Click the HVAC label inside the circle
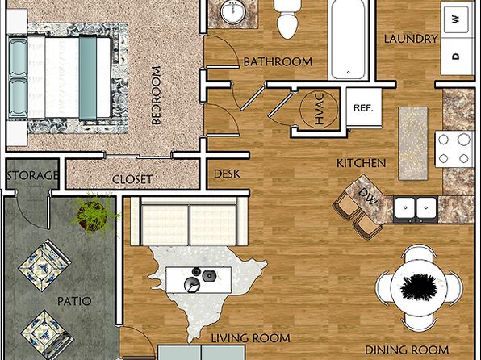(x=319, y=109)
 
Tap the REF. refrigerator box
(x=364, y=107)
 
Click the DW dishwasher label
(x=368, y=196)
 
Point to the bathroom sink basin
(x=233, y=12)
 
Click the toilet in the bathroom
(x=287, y=19)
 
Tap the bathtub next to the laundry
(x=348, y=39)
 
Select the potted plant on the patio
(x=92, y=214)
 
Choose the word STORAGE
(x=33, y=175)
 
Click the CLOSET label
(x=132, y=179)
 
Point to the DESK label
(x=227, y=174)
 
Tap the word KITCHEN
(x=361, y=163)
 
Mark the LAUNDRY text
(x=411, y=39)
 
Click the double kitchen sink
(x=416, y=209)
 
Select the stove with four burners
(x=454, y=149)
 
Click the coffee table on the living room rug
(x=199, y=280)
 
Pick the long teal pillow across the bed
(x=88, y=77)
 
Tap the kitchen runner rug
(x=413, y=144)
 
